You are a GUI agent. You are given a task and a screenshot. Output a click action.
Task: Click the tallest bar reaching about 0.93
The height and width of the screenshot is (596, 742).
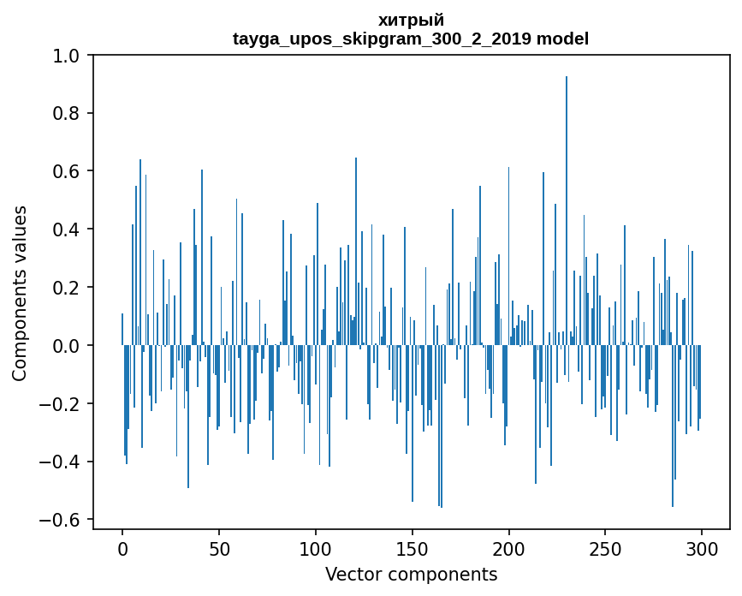click(x=567, y=211)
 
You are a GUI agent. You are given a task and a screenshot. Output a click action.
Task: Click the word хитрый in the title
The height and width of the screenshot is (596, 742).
click(x=411, y=21)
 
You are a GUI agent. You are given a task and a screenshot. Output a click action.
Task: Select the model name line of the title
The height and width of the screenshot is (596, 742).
click(x=411, y=39)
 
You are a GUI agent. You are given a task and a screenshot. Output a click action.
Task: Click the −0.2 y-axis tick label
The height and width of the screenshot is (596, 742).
click(x=60, y=404)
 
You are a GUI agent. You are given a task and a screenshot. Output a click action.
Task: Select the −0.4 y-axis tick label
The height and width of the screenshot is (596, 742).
click(x=60, y=462)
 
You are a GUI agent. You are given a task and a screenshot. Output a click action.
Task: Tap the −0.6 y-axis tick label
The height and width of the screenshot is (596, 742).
click(x=60, y=521)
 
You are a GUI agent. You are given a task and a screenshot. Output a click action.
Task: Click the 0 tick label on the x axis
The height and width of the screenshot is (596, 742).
click(x=122, y=549)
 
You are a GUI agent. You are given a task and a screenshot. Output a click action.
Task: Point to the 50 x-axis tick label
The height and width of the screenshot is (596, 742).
click(x=219, y=549)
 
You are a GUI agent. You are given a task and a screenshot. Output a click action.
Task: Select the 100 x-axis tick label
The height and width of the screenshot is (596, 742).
click(x=316, y=549)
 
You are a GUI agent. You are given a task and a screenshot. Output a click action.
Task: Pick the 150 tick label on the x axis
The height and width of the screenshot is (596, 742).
click(x=413, y=549)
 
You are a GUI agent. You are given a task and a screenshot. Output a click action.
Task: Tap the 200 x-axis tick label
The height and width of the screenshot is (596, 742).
click(x=508, y=549)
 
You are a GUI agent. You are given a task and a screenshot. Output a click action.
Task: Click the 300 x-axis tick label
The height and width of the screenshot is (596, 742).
click(x=702, y=549)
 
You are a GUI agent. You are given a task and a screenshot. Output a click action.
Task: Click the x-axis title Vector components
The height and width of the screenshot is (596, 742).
click(x=411, y=575)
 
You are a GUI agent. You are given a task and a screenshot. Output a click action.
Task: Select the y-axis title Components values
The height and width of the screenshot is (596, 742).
click(x=20, y=294)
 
